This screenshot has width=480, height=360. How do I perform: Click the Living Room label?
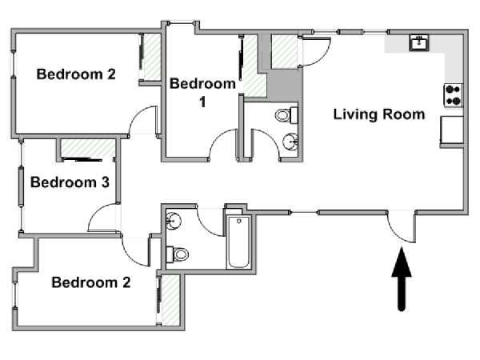coord(379,114)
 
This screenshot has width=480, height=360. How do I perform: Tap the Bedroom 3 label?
coord(70,182)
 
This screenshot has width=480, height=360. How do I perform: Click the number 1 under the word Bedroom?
coord(202,102)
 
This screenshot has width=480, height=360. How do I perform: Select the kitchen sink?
coord(419,43)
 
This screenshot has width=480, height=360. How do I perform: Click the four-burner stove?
coord(454,95)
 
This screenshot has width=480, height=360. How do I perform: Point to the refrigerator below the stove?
coord(452,130)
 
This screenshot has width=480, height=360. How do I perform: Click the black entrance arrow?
coord(402,278)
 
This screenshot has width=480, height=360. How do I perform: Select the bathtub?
coord(238,242)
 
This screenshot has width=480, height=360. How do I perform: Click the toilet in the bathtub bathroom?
coord(178,254)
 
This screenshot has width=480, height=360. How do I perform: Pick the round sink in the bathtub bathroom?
coord(174,220)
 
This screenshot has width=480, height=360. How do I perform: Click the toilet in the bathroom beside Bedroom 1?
coord(286,115)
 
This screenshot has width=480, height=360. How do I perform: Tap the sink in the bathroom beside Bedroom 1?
coord(290,142)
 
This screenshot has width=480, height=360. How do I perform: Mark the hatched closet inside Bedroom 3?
coord(88,149)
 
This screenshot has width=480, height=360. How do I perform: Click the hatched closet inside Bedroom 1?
coord(254,66)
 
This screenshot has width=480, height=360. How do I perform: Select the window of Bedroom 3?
coord(21,186)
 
